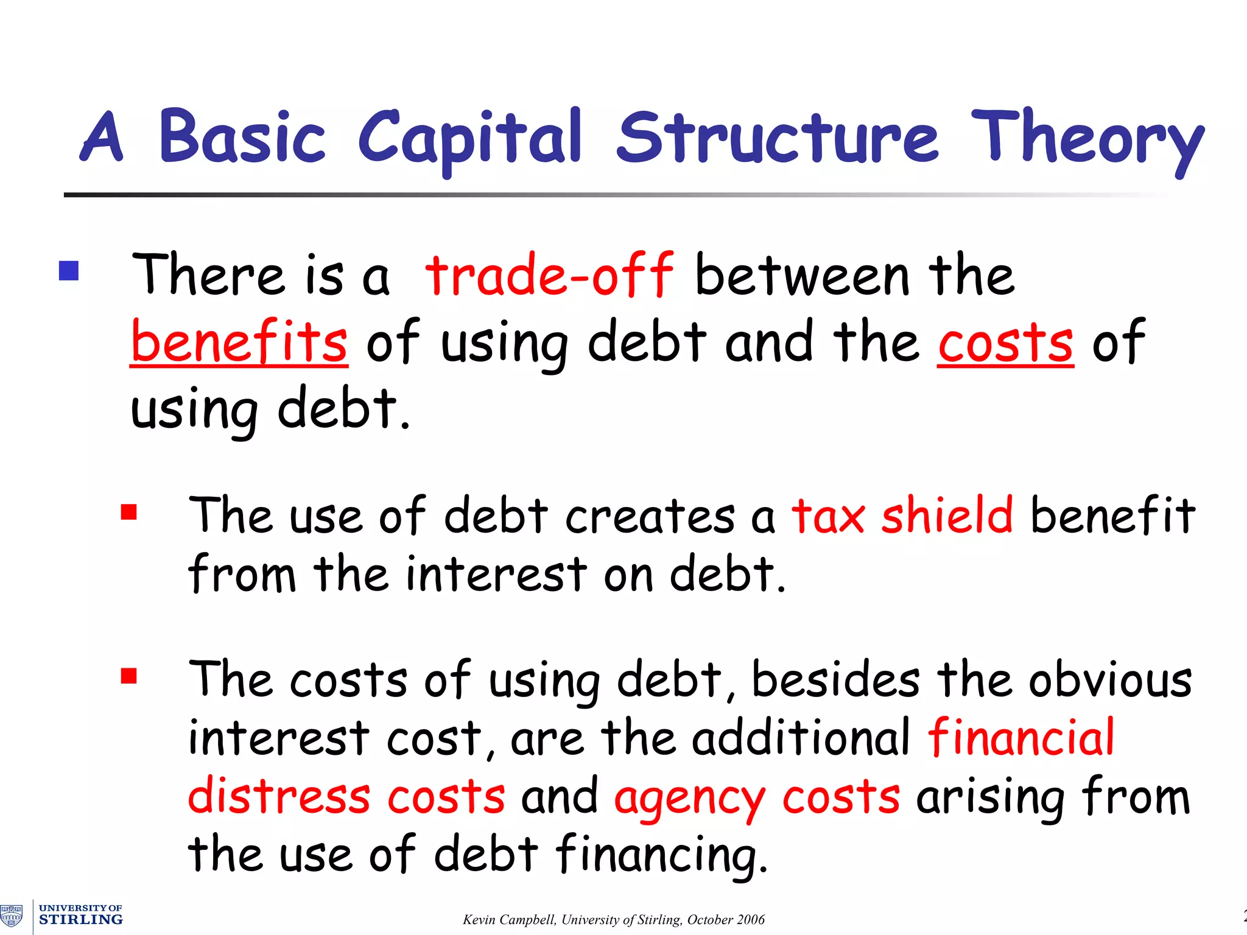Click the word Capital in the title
point(470,139)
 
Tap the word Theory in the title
point(1087,139)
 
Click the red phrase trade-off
point(549,275)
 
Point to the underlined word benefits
point(239,341)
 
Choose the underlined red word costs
point(1005,343)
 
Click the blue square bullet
point(69,271)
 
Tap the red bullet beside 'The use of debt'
point(128,513)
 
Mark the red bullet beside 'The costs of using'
point(128,676)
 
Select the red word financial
point(1021,738)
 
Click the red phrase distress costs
point(346,797)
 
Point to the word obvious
point(1110,680)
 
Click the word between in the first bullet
point(802,276)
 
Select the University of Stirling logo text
point(80,915)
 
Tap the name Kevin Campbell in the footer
point(509,920)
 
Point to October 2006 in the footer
point(726,920)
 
